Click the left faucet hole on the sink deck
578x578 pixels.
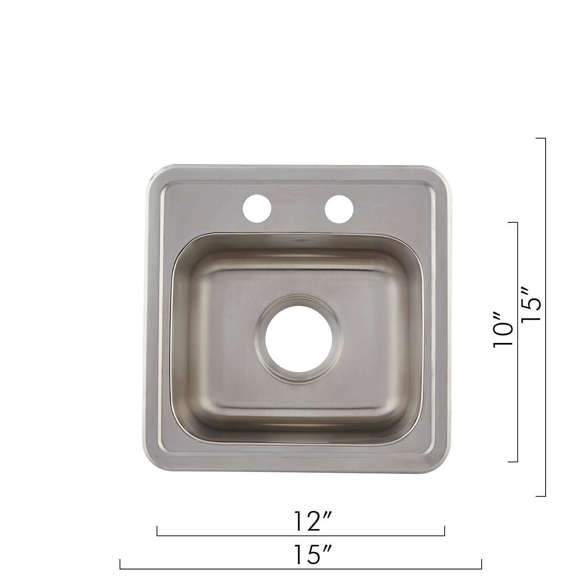tap(257, 208)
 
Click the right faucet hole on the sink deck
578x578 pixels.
tap(339, 208)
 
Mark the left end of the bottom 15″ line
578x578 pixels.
tap(120, 568)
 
